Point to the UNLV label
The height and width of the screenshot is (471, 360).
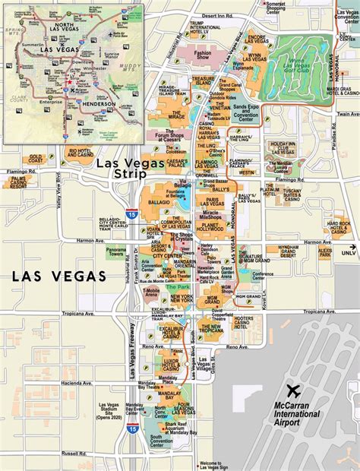click(x=348, y=252)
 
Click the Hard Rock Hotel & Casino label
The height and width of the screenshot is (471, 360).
click(x=338, y=228)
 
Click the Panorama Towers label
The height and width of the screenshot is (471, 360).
click(x=116, y=251)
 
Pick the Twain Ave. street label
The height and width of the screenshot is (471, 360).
click(x=346, y=114)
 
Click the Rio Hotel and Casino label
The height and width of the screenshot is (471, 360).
click(x=81, y=153)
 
